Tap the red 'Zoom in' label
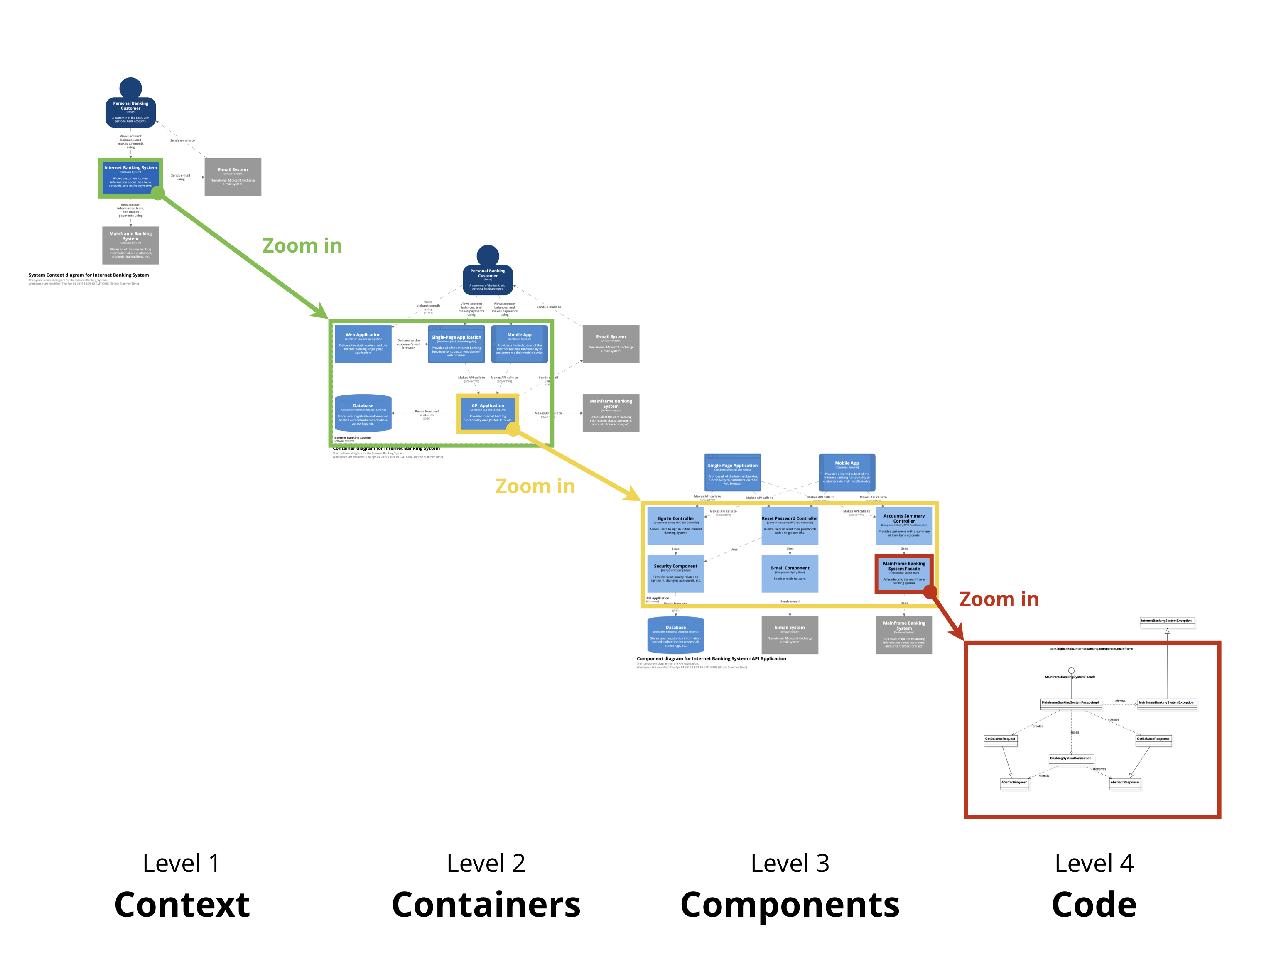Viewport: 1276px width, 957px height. point(999,599)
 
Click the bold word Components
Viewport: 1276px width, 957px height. point(790,905)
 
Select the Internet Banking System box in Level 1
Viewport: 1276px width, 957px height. point(130,177)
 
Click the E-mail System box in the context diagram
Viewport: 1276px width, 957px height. point(233,177)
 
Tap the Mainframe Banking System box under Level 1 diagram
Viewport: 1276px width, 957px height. point(130,245)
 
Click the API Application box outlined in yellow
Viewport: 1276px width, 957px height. point(488,413)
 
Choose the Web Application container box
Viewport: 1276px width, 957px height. point(363,344)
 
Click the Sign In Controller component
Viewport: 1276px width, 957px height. point(675,525)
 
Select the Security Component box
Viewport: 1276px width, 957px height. point(675,573)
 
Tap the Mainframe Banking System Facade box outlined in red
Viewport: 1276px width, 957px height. point(904,573)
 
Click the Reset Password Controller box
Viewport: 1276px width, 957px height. point(790,525)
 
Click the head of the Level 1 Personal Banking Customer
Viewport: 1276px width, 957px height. point(130,88)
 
